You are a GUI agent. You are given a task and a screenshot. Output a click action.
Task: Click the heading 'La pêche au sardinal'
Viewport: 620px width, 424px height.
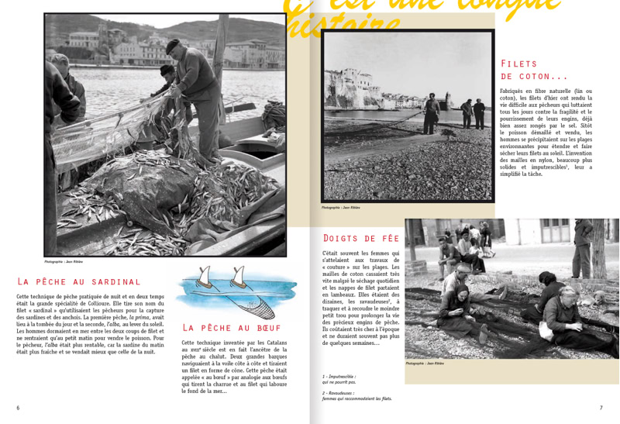(x=79, y=281)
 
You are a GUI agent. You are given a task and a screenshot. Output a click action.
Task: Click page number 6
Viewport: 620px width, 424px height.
(x=18, y=408)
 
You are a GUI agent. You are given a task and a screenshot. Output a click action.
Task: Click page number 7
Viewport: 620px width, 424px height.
(x=601, y=408)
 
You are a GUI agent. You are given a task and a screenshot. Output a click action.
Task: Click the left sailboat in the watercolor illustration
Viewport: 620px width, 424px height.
(x=203, y=276)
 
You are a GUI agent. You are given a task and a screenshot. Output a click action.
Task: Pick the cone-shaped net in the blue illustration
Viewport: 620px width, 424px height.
(x=263, y=309)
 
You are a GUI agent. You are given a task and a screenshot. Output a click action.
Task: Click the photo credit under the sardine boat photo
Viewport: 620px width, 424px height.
(x=64, y=262)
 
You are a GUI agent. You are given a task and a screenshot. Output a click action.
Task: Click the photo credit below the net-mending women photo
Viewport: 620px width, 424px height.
(x=425, y=363)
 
